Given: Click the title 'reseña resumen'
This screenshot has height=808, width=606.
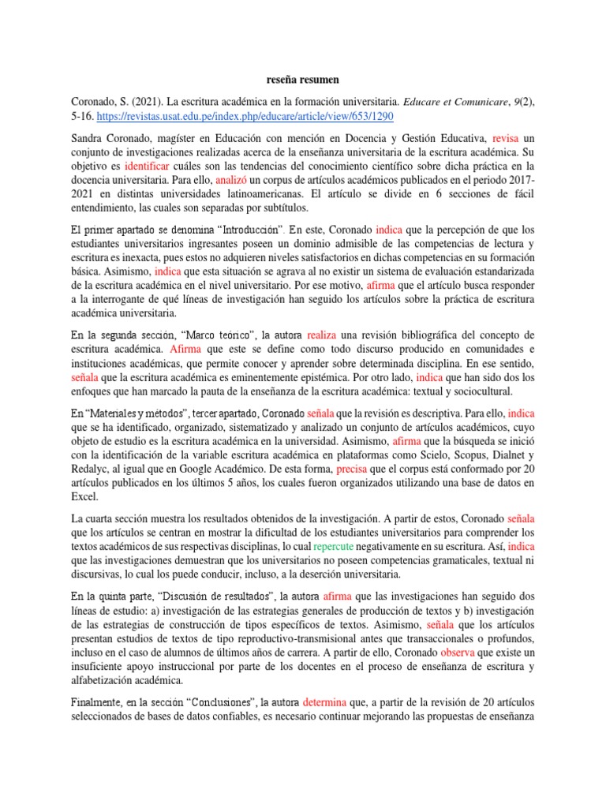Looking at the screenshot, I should (302, 80).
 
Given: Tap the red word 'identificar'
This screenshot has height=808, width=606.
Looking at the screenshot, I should (147, 166).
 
